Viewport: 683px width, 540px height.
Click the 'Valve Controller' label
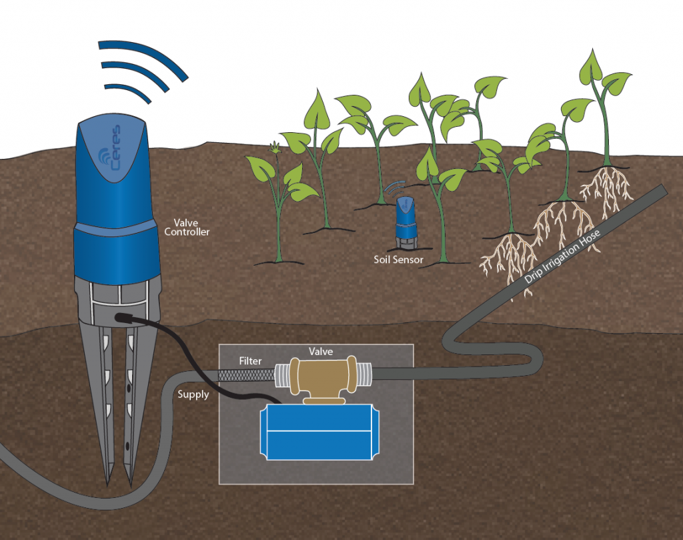[x=187, y=228]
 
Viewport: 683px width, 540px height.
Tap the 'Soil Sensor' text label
[x=399, y=260]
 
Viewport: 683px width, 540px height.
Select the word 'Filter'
[x=251, y=361]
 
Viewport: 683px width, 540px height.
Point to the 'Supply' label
[x=193, y=395]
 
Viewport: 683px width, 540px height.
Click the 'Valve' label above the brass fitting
[x=321, y=351]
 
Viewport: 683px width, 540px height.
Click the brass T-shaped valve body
[x=321, y=378]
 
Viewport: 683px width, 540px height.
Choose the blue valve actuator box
[x=319, y=432]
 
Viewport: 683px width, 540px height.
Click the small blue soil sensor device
[x=406, y=223]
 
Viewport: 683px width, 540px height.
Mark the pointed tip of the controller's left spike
[x=109, y=485]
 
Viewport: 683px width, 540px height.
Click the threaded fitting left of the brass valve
[x=283, y=376]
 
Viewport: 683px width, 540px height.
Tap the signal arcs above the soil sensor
[x=395, y=188]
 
